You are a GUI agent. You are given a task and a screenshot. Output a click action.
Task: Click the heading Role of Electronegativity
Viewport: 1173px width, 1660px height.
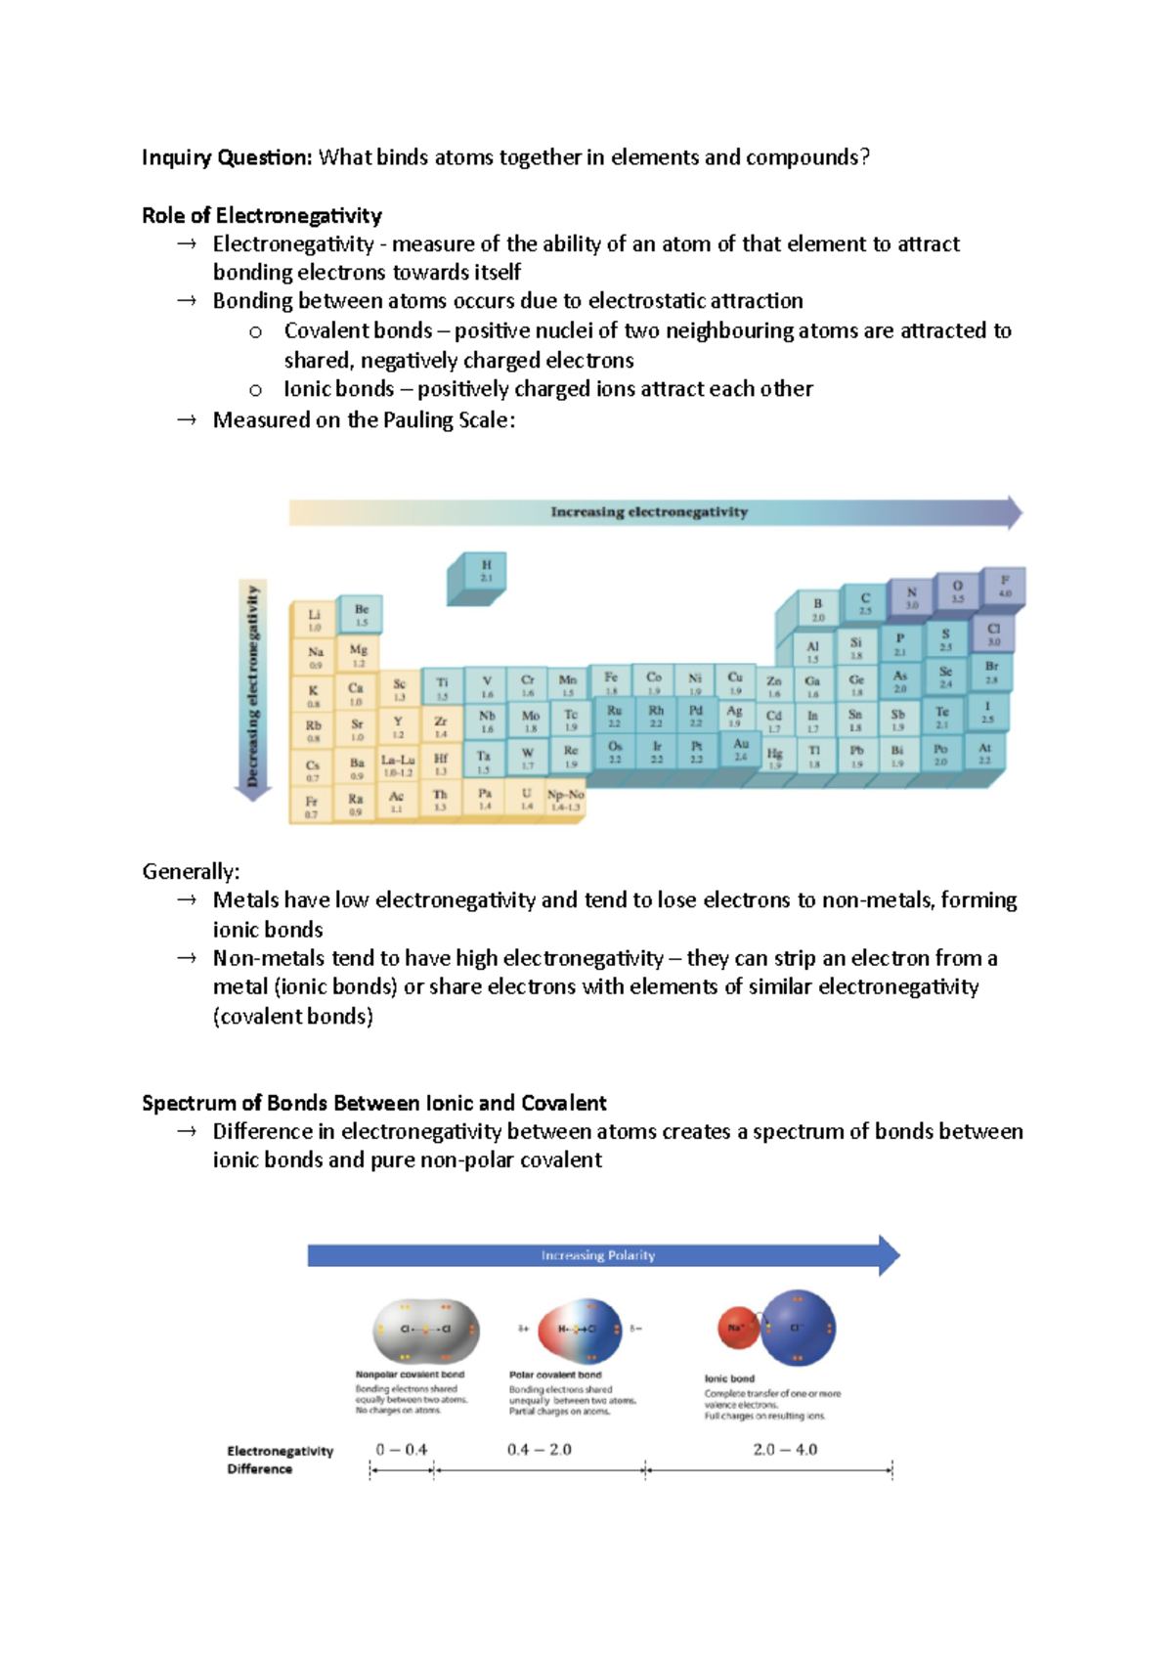(x=261, y=215)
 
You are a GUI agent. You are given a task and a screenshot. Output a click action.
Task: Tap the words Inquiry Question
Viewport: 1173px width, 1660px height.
(x=226, y=157)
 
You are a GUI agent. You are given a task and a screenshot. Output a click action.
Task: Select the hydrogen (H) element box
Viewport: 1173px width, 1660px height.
(x=486, y=571)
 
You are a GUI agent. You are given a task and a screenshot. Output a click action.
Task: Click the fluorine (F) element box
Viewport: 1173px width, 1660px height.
(x=1005, y=586)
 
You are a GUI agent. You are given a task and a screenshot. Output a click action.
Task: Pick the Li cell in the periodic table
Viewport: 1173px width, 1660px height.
(x=314, y=620)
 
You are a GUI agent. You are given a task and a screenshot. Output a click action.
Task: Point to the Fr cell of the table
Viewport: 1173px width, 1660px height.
(x=311, y=807)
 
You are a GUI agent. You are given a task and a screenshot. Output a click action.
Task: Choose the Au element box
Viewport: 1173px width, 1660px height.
(x=741, y=749)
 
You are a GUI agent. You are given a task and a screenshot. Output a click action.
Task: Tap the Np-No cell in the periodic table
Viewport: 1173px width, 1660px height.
(x=565, y=800)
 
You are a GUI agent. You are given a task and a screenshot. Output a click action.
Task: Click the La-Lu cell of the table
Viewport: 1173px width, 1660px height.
(x=398, y=764)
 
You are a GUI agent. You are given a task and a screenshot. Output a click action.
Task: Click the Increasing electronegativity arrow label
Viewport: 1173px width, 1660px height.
(x=649, y=512)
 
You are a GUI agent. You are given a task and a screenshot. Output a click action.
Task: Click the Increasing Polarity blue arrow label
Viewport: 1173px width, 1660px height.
(x=598, y=1255)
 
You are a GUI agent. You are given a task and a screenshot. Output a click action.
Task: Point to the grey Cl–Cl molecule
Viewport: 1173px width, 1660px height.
(x=426, y=1330)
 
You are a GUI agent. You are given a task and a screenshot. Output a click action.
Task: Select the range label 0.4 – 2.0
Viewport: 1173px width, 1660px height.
(x=540, y=1449)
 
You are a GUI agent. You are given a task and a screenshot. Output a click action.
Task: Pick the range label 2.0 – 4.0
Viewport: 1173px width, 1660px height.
(x=785, y=1449)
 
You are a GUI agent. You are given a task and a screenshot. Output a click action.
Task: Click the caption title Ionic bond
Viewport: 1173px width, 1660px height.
(x=729, y=1378)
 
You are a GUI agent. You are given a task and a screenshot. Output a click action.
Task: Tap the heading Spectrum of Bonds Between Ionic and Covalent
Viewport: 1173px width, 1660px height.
(x=373, y=1103)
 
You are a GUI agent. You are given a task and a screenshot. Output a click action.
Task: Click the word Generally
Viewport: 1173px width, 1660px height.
(x=191, y=871)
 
